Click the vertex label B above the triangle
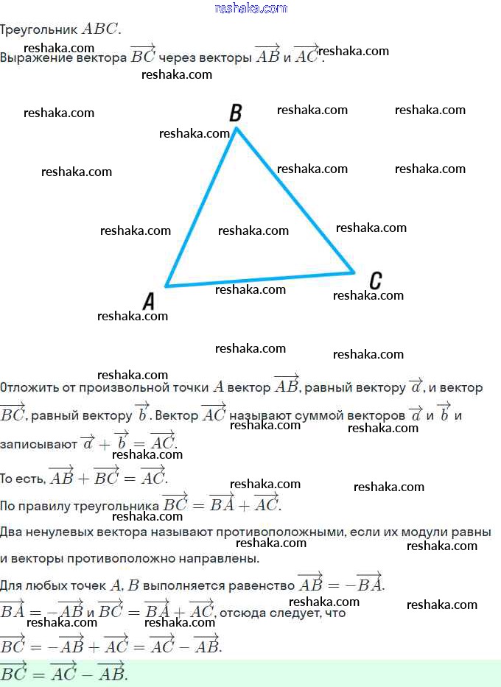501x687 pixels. [x=236, y=113]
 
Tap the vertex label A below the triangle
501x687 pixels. [x=149, y=300]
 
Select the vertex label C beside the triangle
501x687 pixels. [x=375, y=280]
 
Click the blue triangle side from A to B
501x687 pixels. [x=201, y=208]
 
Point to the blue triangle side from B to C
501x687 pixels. [x=295, y=200]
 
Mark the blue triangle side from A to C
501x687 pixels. [x=260, y=279]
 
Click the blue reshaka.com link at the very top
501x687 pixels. [x=251, y=8]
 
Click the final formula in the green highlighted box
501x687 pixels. [x=64, y=673]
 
